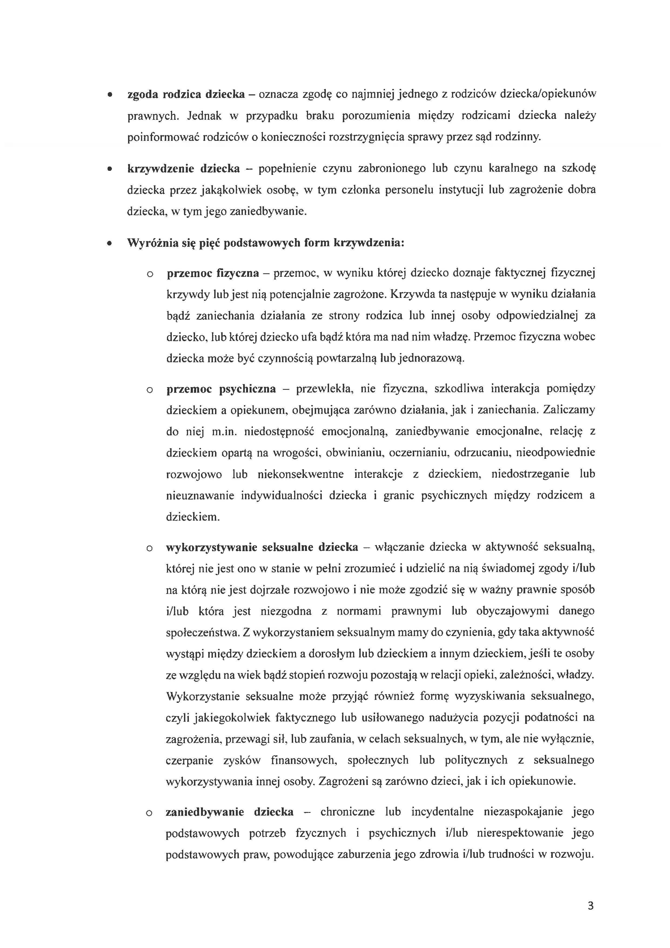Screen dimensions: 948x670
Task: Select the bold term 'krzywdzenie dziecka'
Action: point(184,168)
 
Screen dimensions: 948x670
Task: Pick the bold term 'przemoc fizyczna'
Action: point(213,273)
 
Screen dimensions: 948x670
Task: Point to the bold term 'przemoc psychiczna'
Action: point(221,389)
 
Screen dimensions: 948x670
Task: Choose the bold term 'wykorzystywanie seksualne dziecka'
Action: point(262,547)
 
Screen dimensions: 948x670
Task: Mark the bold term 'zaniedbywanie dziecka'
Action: point(229,812)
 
